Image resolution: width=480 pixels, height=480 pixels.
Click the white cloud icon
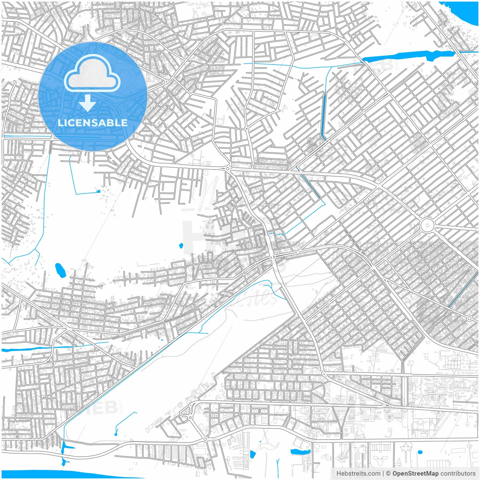point(92,73)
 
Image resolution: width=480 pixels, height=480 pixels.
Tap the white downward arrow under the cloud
point(88,103)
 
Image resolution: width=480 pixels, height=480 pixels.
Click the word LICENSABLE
point(92,123)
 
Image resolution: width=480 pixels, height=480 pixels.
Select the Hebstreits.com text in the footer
point(358,474)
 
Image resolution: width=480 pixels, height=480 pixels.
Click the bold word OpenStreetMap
point(415,474)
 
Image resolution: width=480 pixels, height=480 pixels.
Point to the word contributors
point(458,474)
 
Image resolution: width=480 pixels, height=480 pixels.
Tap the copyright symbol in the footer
point(388,474)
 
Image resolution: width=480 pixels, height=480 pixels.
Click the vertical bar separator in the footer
point(383,474)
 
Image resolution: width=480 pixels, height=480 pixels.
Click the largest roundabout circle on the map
point(427,226)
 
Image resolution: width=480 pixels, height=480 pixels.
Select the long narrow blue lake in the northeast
point(409,56)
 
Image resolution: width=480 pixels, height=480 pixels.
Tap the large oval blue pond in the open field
point(60,270)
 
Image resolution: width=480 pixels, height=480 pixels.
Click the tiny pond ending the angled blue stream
point(98,191)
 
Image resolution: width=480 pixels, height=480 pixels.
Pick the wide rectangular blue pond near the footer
point(300,452)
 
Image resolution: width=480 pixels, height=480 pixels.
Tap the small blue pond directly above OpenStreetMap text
point(420,452)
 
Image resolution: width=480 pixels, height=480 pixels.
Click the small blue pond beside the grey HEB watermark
point(181,246)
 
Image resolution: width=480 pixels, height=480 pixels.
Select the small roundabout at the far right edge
point(469,318)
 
